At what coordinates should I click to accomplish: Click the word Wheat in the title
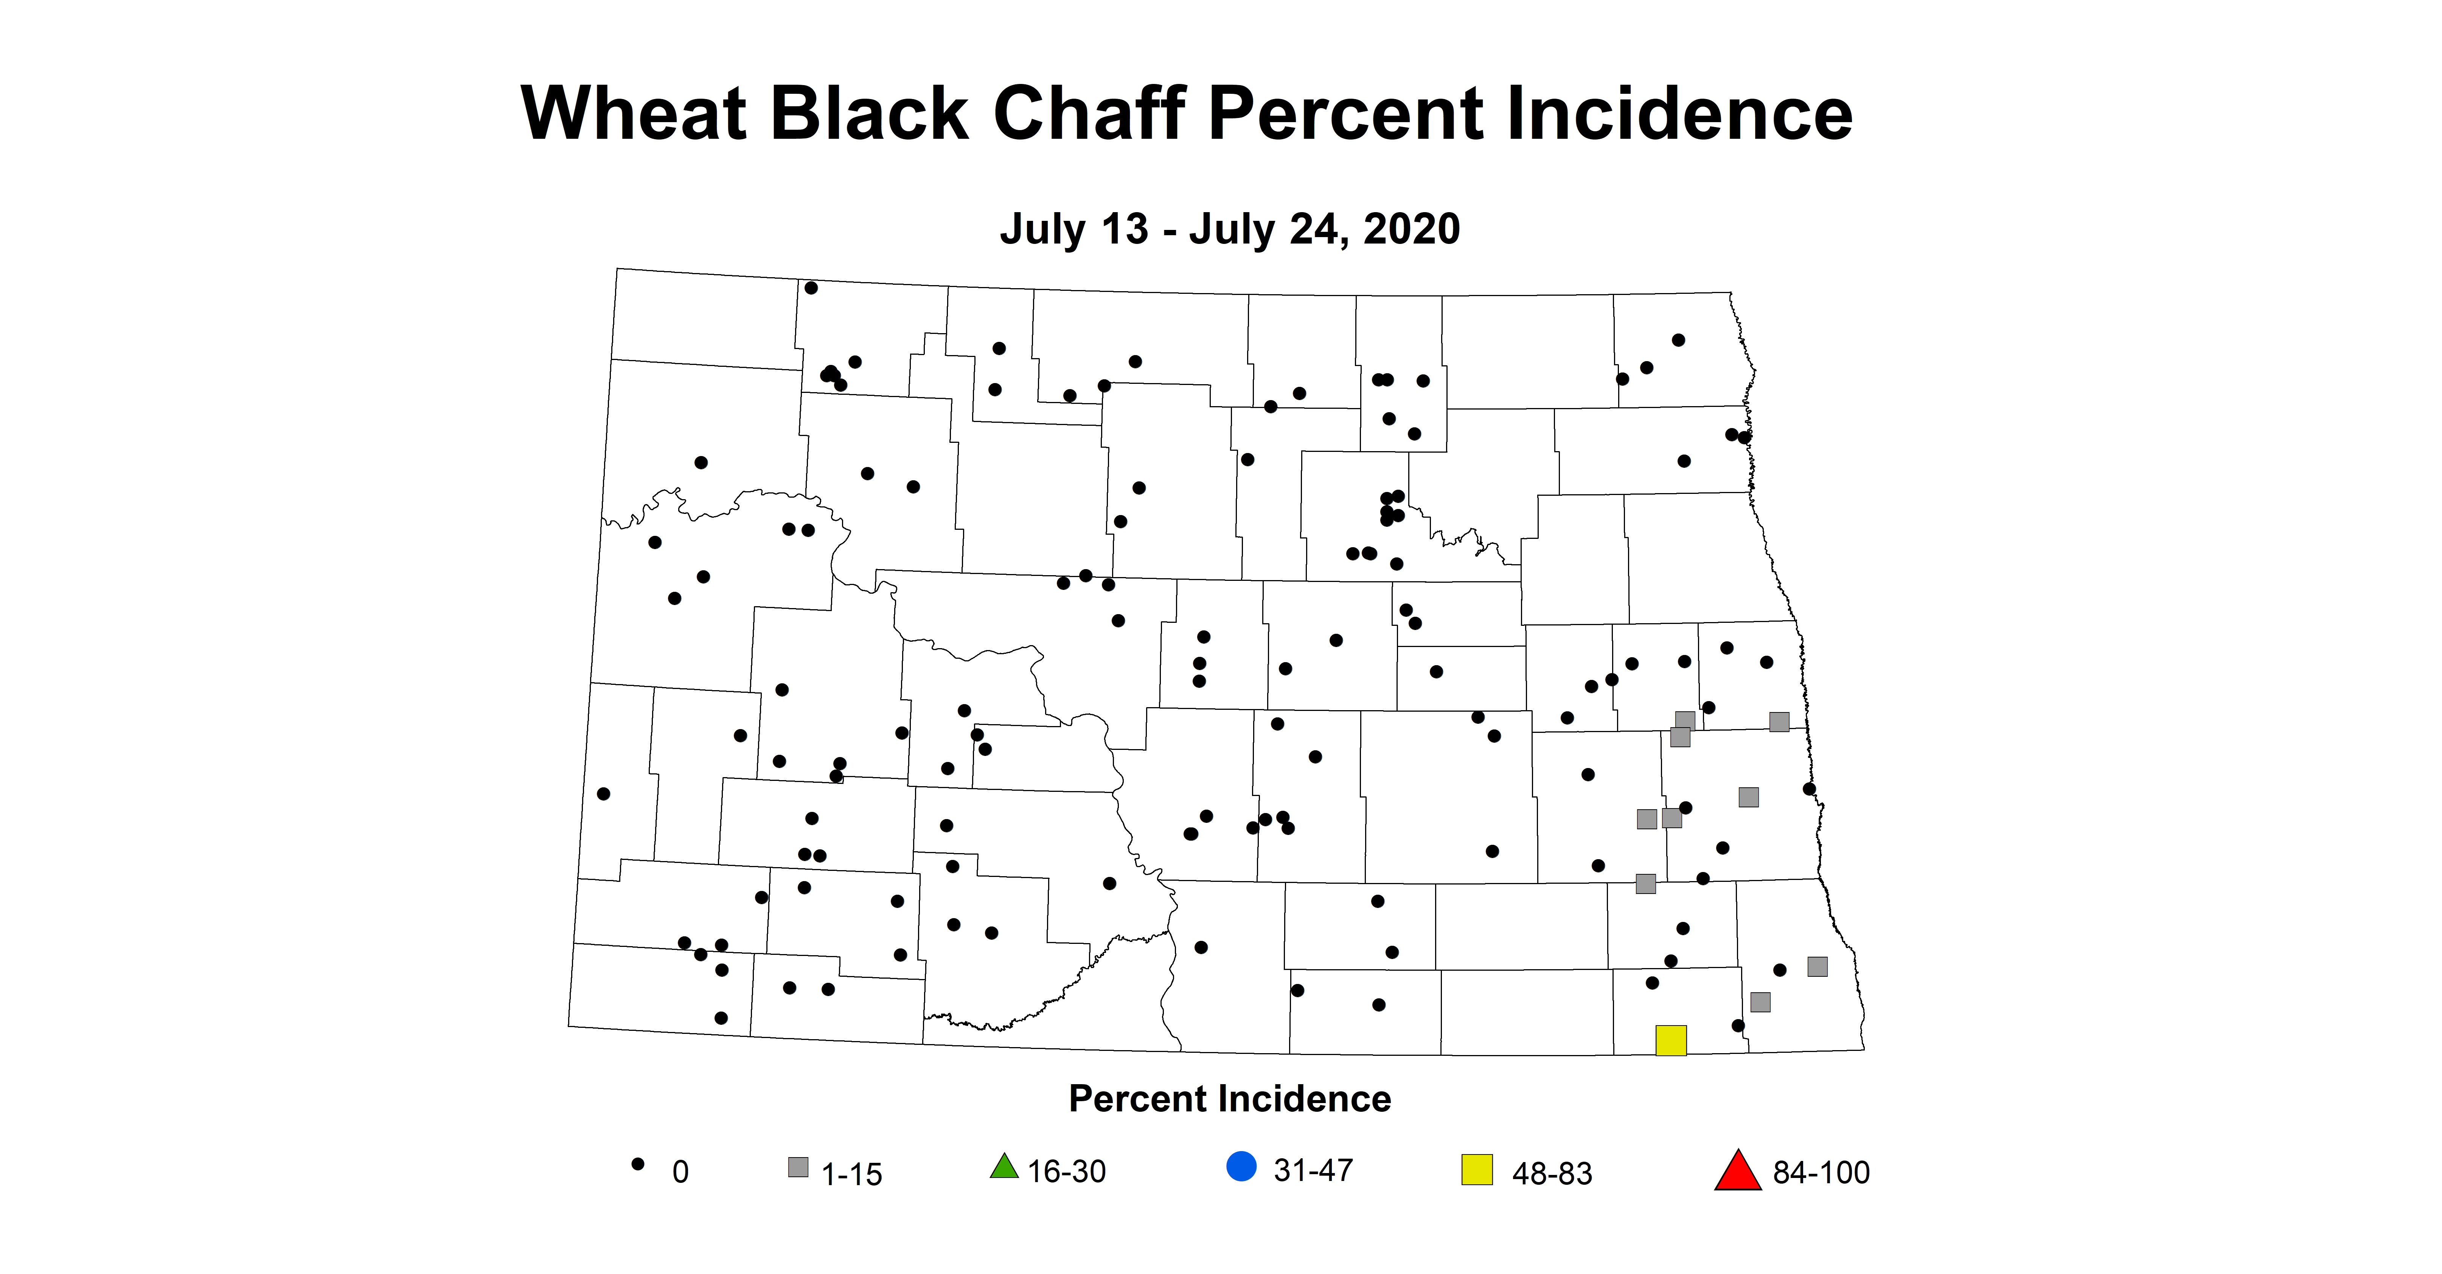tap(633, 114)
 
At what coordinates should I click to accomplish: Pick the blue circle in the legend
tap(1241, 1166)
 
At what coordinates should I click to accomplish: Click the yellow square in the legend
tap(1476, 1170)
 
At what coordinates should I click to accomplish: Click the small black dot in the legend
tap(638, 1164)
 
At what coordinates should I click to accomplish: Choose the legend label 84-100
tap(1821, 1173)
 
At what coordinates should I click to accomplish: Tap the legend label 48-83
tap(1552, 1173)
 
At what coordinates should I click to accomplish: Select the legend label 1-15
tap(851, 1175)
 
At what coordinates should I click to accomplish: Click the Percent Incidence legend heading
tap(1230, 1099)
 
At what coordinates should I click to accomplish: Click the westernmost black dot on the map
tap(604, 793)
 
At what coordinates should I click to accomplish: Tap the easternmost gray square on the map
tap(1817, 966)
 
